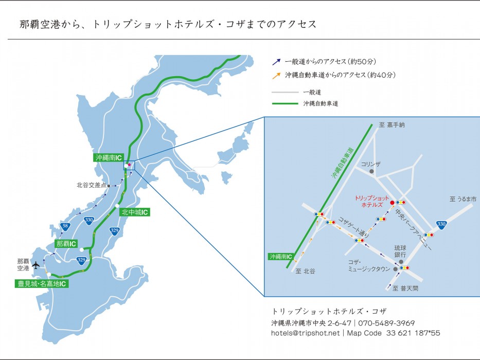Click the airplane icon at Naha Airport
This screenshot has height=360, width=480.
click(35, 265)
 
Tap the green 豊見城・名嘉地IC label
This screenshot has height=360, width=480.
click(42, 283)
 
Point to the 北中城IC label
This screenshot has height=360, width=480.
click(135, 212)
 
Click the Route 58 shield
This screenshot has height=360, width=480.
click(64, 226)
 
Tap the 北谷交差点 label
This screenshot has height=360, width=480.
click(91, 185)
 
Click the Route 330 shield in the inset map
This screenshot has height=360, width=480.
click(441, 224)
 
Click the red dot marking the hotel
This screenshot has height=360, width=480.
click(392, 203)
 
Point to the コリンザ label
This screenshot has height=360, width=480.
click(371, 164)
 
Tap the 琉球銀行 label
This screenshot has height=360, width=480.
click(400, 251)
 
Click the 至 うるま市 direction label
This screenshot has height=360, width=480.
click(463, 199)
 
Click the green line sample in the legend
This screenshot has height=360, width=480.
click(285, 103)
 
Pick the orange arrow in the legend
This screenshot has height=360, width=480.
click(276, 76)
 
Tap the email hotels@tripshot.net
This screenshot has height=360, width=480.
click(306, 333)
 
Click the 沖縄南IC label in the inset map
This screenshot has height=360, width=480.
click(280, 256)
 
